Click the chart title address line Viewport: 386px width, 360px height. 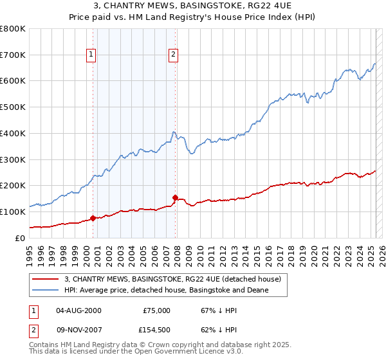coord(193,6)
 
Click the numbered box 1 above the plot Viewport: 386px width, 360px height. coord(92,55)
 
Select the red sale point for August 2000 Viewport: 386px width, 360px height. coord(93,218)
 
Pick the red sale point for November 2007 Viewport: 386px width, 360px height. coord(175,197)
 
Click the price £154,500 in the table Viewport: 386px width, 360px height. coord(156,330)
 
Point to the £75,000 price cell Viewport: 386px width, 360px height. coord(156,310)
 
